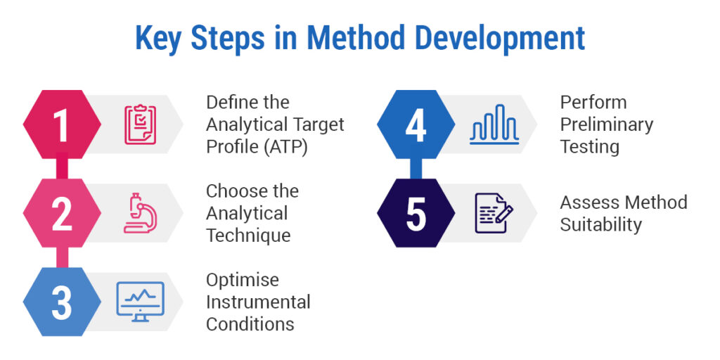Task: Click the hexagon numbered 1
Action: tap(62, 124)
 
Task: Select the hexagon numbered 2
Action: tap(62, 213)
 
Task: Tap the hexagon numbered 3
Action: tap(62, 302)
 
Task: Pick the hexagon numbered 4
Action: tap(416, 124)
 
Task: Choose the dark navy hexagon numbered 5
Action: tap(416, 213)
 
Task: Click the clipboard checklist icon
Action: tap(140, 125)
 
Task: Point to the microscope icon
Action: tap(140, 213)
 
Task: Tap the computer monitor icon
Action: tap(140, 302)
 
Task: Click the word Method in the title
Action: tap(355, 39)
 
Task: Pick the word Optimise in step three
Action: tap(243, 280)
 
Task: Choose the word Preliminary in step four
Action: tap(607, 124)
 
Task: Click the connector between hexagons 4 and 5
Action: tap(416, 169)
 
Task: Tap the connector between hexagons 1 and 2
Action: tap(62, 169)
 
